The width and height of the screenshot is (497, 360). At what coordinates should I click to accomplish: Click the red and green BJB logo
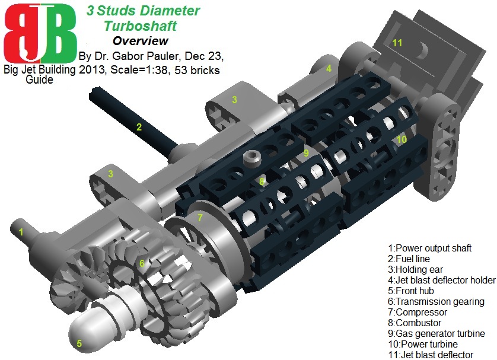point(40,33)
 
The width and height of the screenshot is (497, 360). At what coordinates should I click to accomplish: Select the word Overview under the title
point(141,41)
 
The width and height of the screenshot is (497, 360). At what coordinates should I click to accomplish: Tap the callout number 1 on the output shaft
point(21,232)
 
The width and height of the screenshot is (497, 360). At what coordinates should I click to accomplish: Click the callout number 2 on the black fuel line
point(139,126)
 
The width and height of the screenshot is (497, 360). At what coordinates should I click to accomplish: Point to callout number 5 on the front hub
point(79,342)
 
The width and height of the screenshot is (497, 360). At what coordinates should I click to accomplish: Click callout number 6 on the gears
point(142,263)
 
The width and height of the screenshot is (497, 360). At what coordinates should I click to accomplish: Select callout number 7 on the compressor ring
point(200,218)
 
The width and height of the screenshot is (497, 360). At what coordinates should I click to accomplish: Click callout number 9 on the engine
point(306,152)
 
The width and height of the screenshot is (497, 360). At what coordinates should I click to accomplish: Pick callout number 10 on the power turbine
point(402,139)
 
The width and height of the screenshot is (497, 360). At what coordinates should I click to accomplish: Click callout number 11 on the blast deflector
point(397,42)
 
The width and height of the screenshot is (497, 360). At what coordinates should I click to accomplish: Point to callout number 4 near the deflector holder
point(328,68)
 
